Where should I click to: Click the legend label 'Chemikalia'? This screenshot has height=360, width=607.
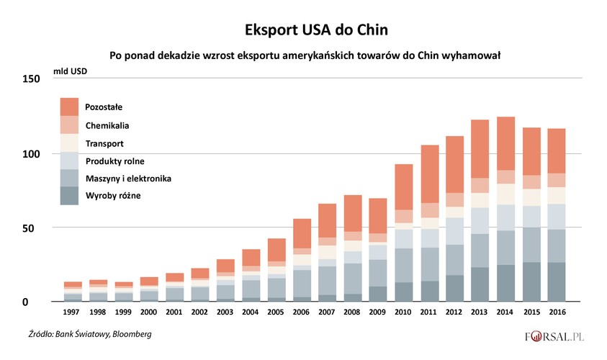pyautogui.click(x=107, y=125)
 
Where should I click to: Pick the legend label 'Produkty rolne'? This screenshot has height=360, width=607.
pyautogui.click(x=114, y=160)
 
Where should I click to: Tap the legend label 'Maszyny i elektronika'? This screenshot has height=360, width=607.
pyautogui.click(x=128, y=178)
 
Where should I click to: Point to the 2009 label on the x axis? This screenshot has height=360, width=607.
pyautogui.click(x=378, y=313)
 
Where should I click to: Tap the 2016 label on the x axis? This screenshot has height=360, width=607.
pyautogui.click(x=557, y=313)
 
